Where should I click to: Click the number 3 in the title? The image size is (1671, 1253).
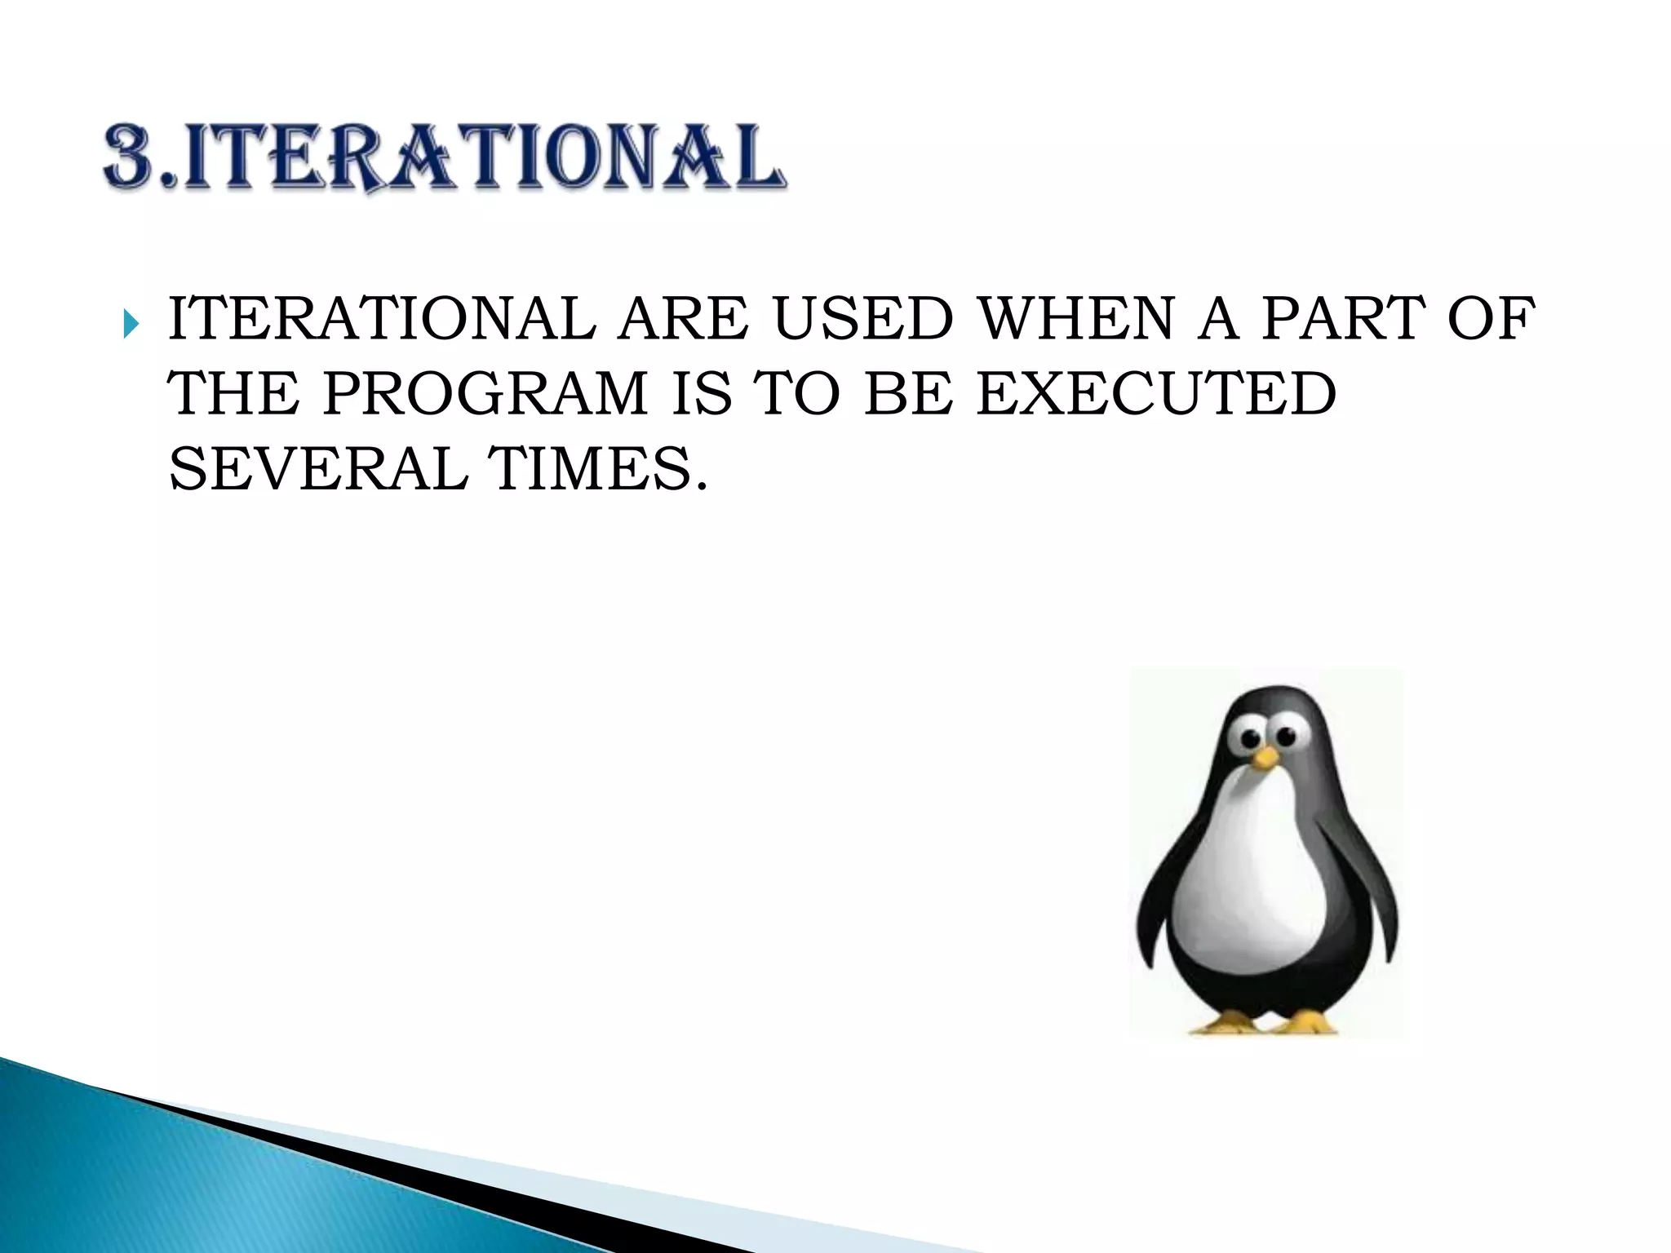pos(135,156)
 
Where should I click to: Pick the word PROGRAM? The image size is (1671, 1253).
pos(485,394)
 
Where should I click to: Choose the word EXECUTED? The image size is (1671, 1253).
pos(1156,394)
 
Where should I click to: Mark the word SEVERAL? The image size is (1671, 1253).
pos(318,470)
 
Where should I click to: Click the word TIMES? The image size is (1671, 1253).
pos(596,470)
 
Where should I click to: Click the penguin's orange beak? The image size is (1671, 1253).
pos(1265,758)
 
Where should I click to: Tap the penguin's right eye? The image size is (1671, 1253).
pos(1286,736)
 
